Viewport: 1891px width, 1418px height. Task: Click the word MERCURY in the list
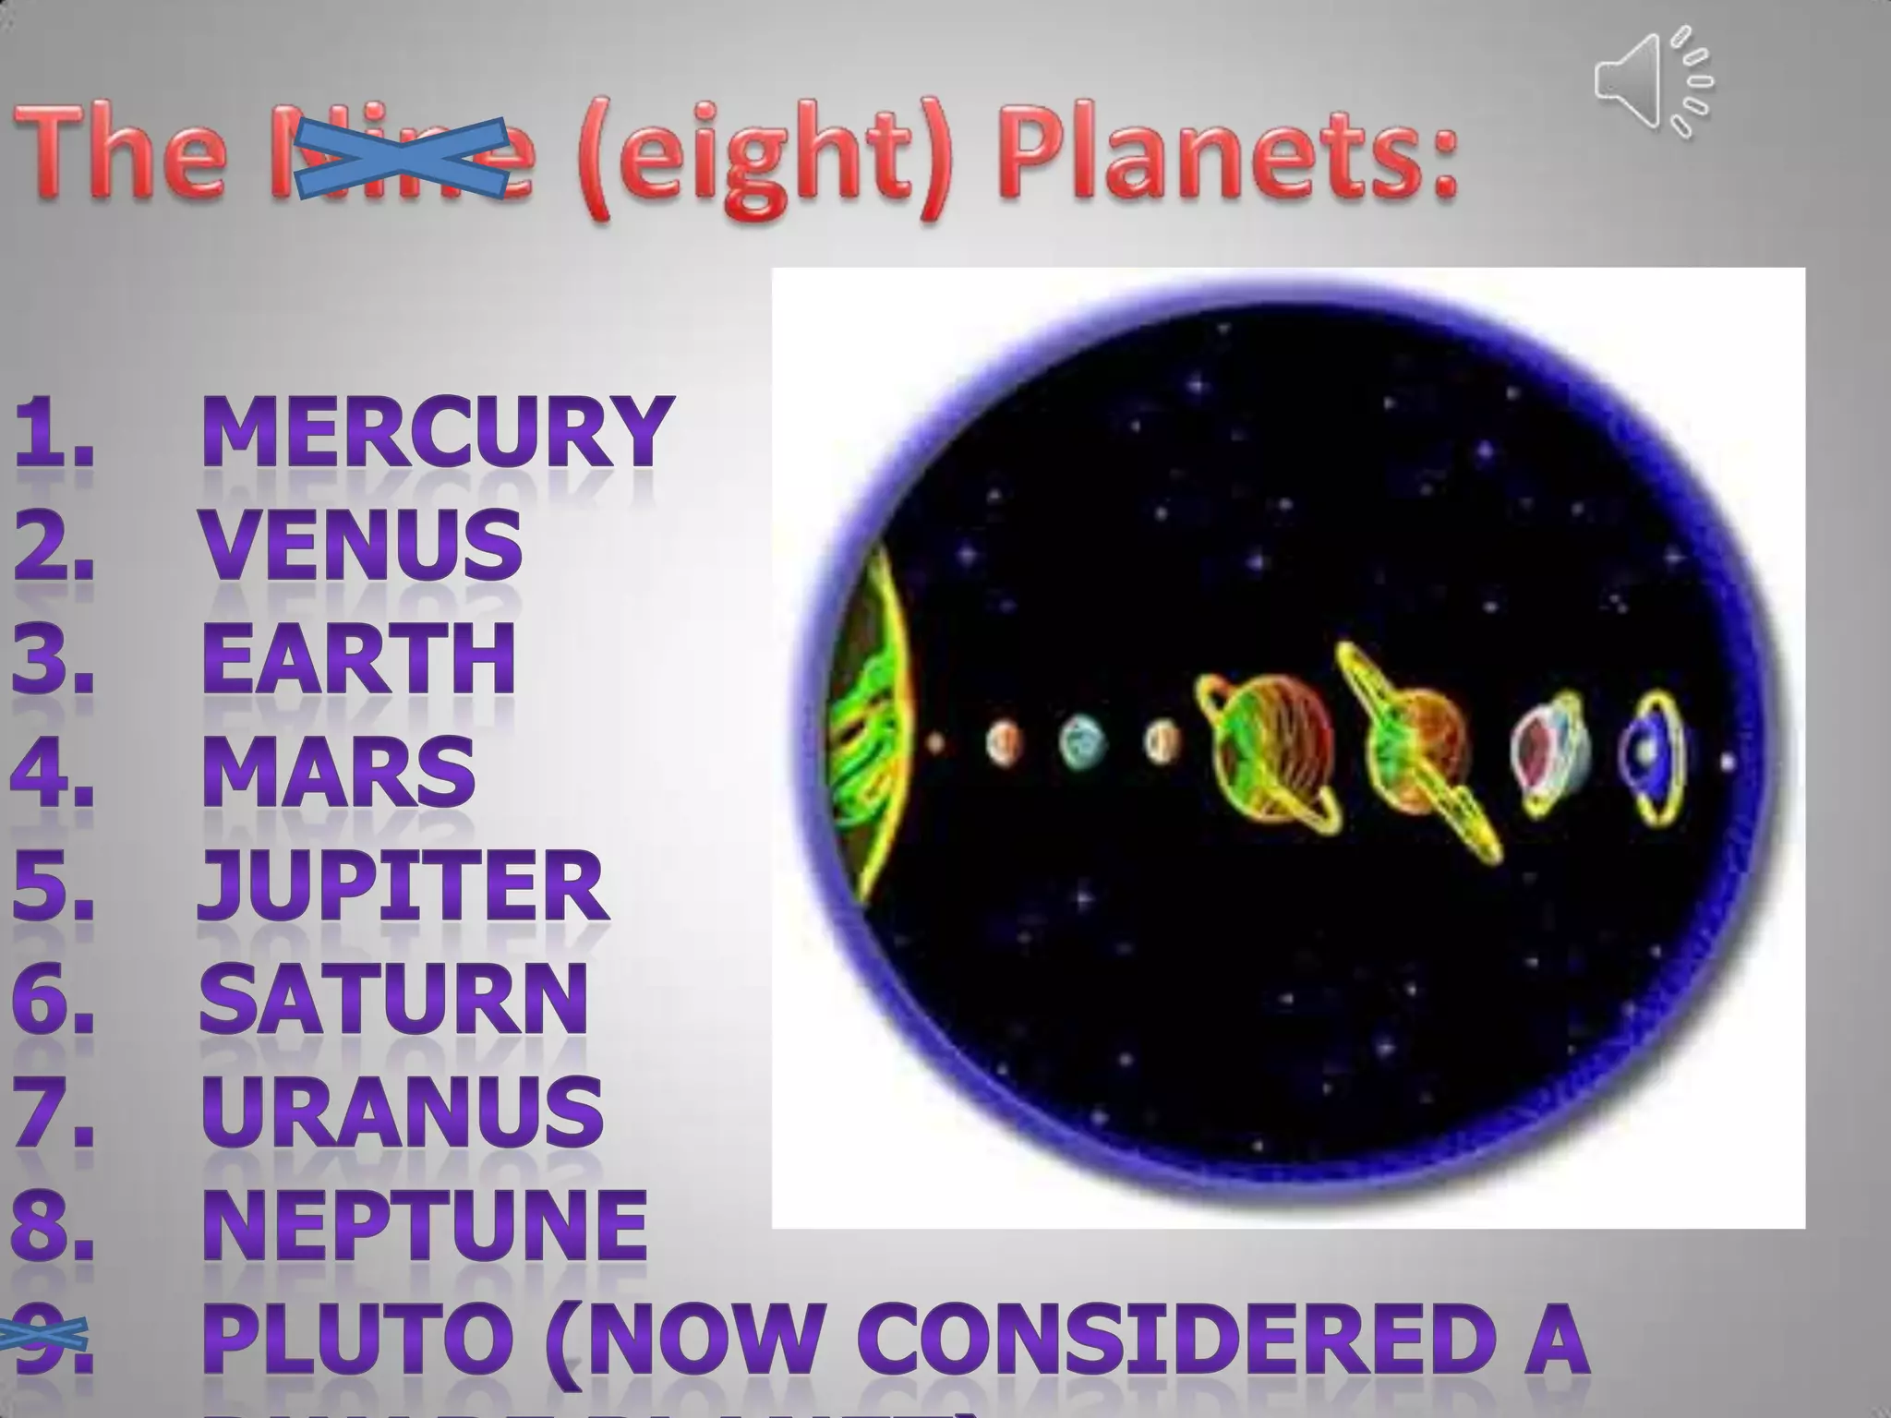tap(434, 431)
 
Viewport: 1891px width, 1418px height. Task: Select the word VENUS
tap(362, 544)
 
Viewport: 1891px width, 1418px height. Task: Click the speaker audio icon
tap(1652, 82)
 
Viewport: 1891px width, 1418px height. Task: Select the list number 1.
tap(54, 431)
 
